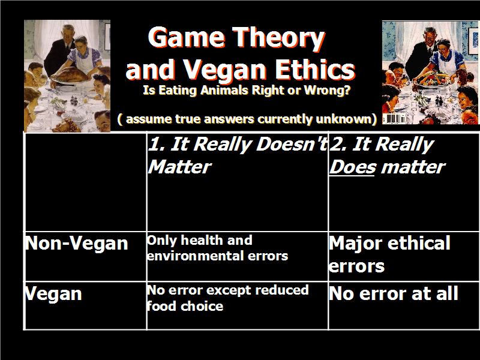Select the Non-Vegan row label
(77, 244)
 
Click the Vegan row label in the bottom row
(53, 294)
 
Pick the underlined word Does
(352, 167)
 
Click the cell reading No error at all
(394, 293)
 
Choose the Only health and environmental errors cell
(217, 248)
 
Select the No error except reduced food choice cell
(228, 298)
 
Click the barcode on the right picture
(394, 119)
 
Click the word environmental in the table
(196, 256)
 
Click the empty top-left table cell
(85, 182)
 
